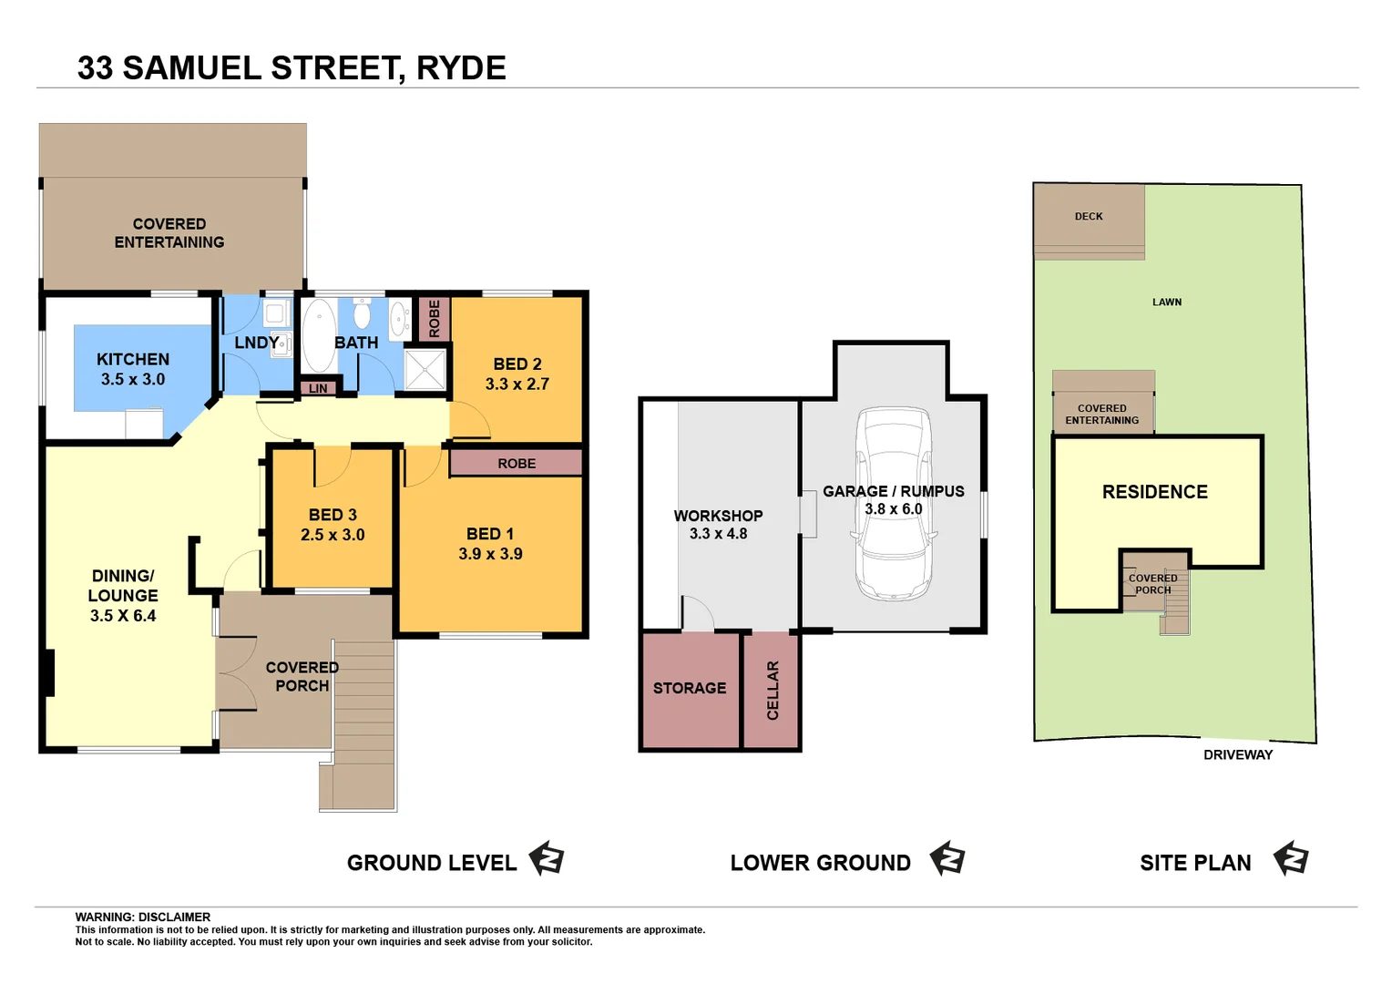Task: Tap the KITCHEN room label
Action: pyautogui.click(x=133, y=360)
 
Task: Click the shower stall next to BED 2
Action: pyautogui.click(x=425, y=370)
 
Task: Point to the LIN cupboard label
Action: pyautogui.click(x=318, y=389)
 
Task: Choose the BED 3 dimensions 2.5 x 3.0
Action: pyautogui.click(x=333, y=535)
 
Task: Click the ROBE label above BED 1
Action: pyautogui.click(x=517, y=464)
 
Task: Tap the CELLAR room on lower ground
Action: pyautogui.click(x=772, y=690)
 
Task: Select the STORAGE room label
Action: pyautogui.click(x=690, y=688)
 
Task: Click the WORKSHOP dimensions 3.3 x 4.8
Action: pyautogui.click(x=718, y=534)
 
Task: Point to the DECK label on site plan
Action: pyautogui.click(x=1089, y=217)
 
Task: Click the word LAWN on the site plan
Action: pyautogui.click(x=1167, y=302)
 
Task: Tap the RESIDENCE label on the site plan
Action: pyautogui.click(x=1154, y=492)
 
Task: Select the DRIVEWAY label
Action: pyautogui.click(x=1238, y=754)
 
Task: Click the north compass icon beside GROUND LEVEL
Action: pyautogui.click(x=547, y=859)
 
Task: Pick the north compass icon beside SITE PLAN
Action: pyautogui.click(x=1291, y=859)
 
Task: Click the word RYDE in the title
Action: pyautogui.click(x=461, y=68)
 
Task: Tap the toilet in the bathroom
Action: pyautogui.click(x=362, y=314)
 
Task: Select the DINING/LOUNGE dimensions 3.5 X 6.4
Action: pyautogui.click(x=123, y=616)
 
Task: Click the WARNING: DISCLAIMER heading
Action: pyautogui.click(x=143, y=917)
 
